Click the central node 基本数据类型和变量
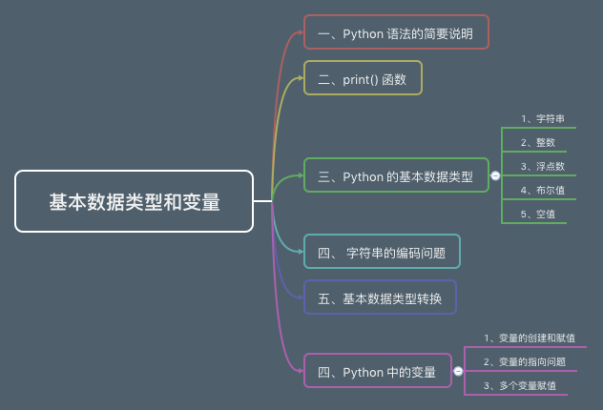click(x=135, y=201)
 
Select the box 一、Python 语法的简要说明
click(x=396, y=32)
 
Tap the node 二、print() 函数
click(x=363, y=78)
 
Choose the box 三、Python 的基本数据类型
click(x=396, y=175)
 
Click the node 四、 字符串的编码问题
click(x=382, y=252)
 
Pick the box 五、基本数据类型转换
click(x=380, y=297)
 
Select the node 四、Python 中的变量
click(x=377, y=371)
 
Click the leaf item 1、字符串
click(x=543, y=119)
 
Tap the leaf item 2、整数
click(x=538, y=142)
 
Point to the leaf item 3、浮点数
click(x=543, y=166)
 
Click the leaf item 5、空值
click(x=538, y=214)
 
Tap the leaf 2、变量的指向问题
click(x=525, y=361)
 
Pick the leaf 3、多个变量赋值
click(x=520, y=385)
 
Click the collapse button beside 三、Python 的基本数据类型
click(x=495, y=175)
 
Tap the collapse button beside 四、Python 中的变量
click(x=458, y=371)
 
